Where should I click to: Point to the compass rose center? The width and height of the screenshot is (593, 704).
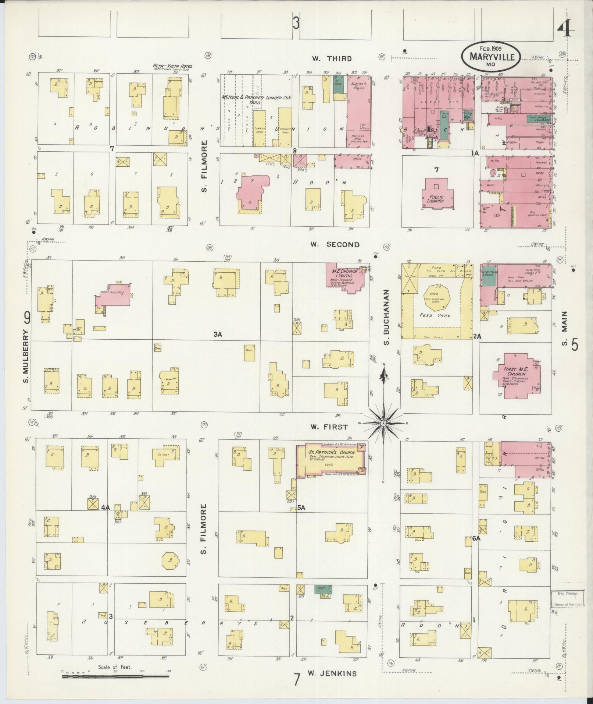tap(383, 424)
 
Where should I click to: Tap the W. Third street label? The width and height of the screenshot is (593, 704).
tap(332, 59)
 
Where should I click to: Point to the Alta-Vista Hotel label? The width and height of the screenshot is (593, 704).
tap(172, 67)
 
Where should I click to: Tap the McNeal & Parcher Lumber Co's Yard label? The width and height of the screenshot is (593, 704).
tap(256, 100)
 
